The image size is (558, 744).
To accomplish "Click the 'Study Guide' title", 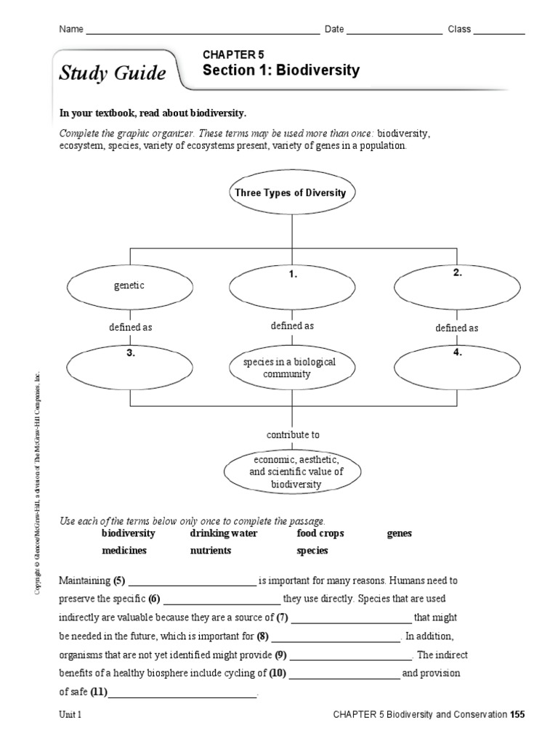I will [113, 73].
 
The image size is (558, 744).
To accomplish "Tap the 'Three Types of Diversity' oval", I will [291, 193].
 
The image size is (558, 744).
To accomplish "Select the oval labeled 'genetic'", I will [129, 286].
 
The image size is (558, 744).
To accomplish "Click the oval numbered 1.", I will [292, 286].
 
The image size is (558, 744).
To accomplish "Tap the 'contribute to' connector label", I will [292, 434].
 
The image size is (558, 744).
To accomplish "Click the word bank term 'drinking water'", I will [224, 533].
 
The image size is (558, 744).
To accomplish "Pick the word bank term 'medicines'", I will [124, 550].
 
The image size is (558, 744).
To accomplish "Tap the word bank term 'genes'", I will [400, 533].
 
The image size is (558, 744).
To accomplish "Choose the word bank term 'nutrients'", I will [211, 550].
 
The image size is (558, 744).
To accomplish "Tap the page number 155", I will [517, 715].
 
